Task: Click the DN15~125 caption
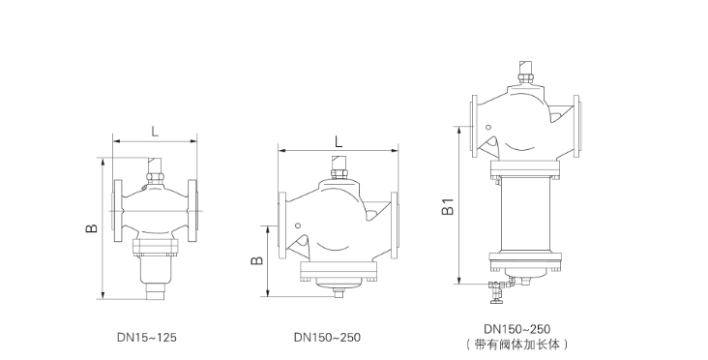pos(147,338)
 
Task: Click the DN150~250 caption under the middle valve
pos(327,338)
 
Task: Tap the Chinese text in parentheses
pos(517,345)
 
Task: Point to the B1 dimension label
pos(448,206)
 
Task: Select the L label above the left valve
pos(155,132)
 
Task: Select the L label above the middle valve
pos(339,142)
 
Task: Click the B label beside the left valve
pos(91,228)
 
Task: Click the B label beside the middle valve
pos(256,260)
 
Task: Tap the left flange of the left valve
pos(118,211)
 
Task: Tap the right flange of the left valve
pos(192,211)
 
